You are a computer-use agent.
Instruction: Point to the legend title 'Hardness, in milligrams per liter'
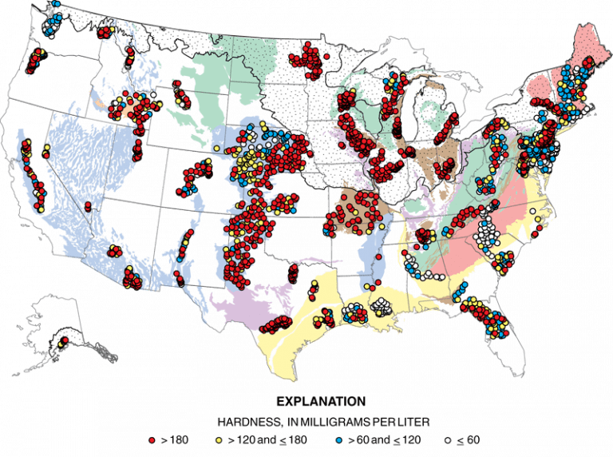321,421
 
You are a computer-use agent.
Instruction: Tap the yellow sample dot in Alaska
57,342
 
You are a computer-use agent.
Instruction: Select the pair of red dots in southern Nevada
87,206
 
